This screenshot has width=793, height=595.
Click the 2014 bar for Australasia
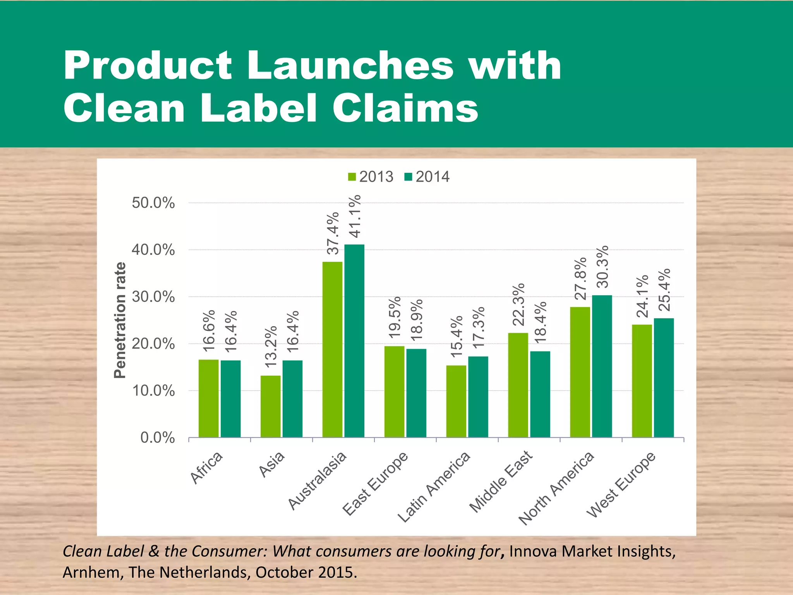tap(354, 341)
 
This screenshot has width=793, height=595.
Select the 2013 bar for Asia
tap(270, 406)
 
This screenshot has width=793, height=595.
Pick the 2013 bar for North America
tap(580, 372)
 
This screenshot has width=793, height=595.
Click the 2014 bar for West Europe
tap(664, 378)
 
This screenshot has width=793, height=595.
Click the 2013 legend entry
tap(371, 177)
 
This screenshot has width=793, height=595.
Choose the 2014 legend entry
tap(427, 177)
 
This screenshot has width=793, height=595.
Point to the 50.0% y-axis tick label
tap(153, 203)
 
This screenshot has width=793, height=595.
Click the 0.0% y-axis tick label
tap(158, 438)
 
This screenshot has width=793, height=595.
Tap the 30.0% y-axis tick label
tap(153, 297)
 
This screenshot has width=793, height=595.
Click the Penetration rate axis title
tap(120, 320)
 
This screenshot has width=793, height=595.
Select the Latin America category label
tap(434, 487)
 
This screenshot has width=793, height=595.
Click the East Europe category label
tap(375, 484)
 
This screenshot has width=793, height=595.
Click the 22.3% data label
tap(518, 304)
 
